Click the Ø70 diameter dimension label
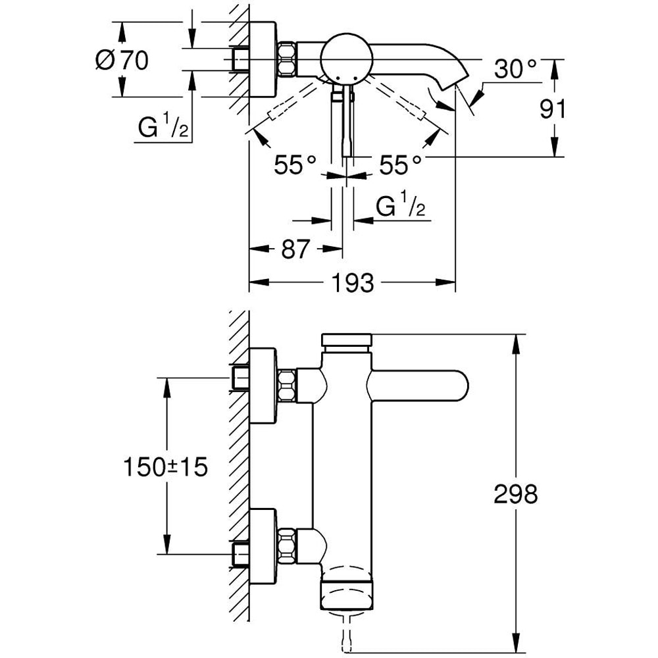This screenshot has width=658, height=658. (x=122, y=61)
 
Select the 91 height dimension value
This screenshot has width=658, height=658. (x=553, y=109)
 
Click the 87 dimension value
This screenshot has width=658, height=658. (x=295, y=249)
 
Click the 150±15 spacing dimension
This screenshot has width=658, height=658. (x=165, y=467)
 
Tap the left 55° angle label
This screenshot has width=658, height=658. (x=295, y=165)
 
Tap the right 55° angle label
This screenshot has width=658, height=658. (x=398, y=165)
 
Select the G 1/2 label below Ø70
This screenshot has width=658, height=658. (x=163, y=128)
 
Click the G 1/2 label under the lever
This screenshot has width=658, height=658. (x=400, y=208)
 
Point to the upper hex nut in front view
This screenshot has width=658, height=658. (x=286, y=386)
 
